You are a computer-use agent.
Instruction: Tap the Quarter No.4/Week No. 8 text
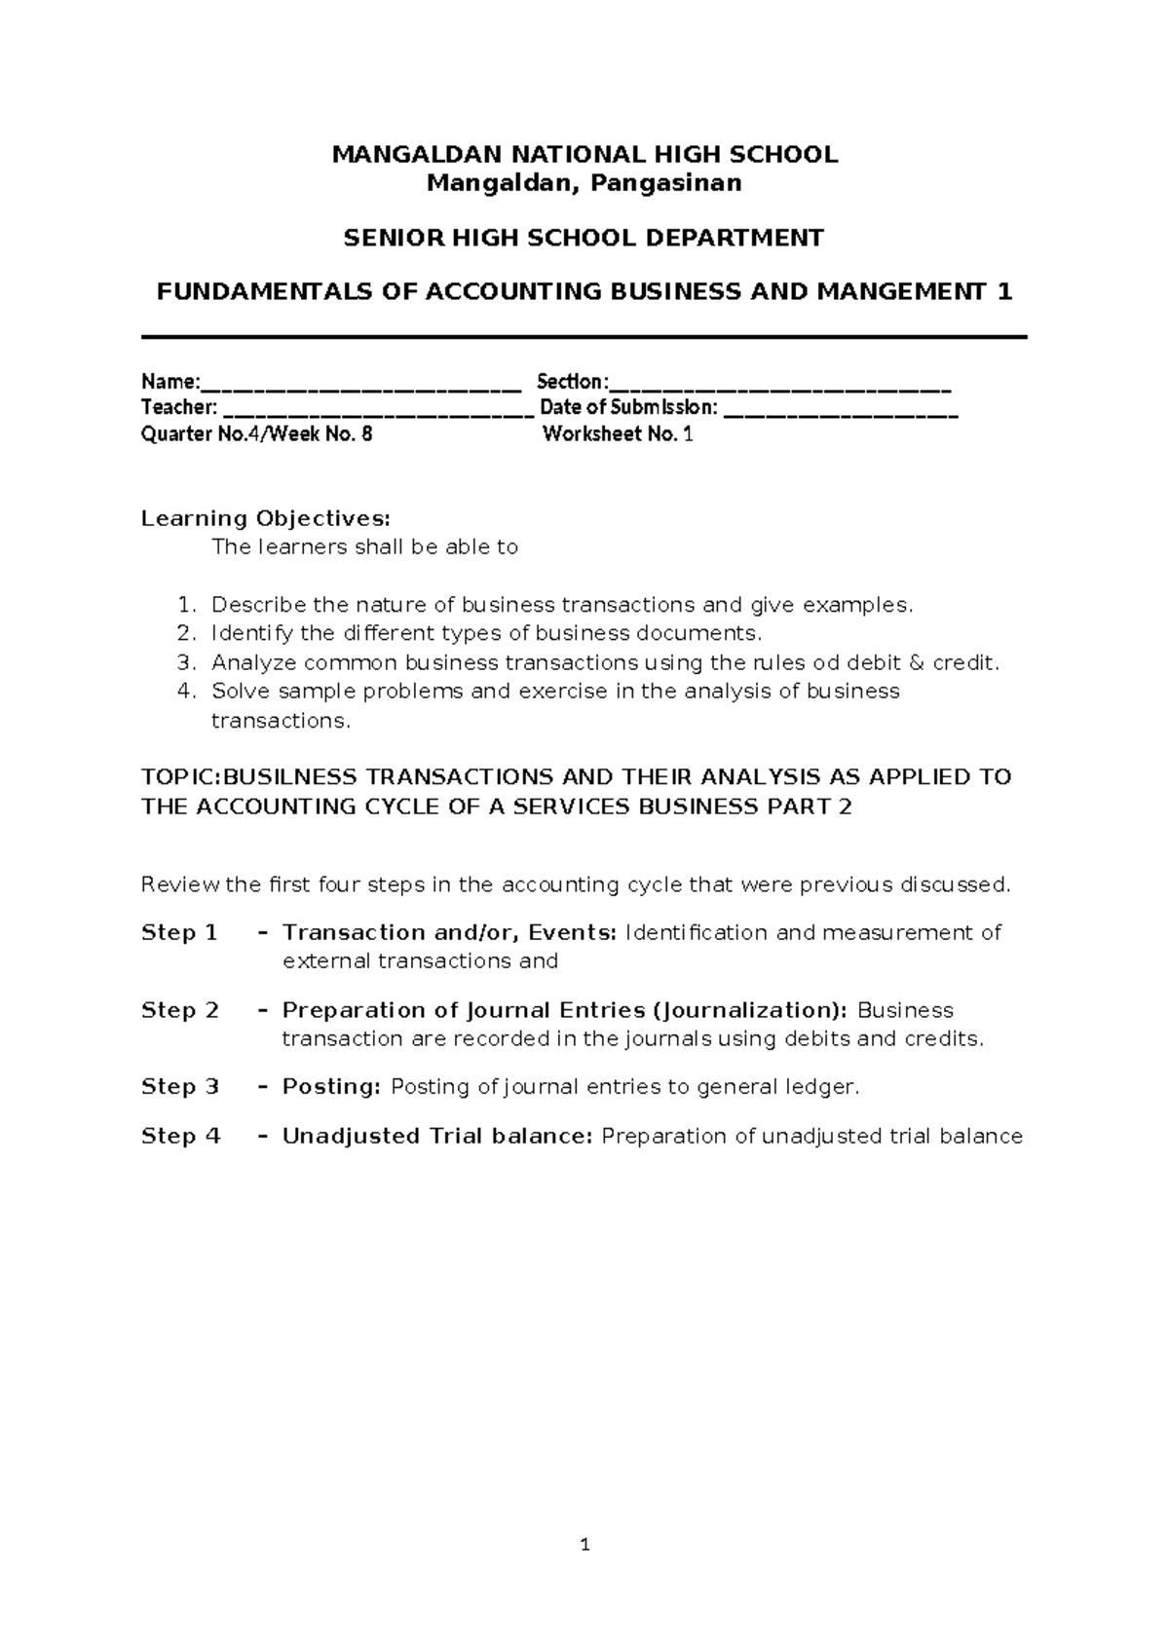click(256, 435)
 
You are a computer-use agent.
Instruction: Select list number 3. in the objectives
click(187, 663)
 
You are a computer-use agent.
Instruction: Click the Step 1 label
click(179, 933)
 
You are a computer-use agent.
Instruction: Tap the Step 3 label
click(180, 1087)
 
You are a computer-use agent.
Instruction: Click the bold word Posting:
click(331, 1087)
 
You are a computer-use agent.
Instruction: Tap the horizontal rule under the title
click(584, 337)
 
